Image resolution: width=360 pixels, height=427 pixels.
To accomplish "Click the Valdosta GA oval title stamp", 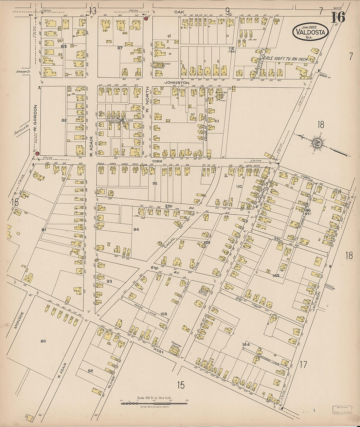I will point(310,32).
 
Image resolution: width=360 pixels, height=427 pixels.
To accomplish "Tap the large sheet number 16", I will point(338,17).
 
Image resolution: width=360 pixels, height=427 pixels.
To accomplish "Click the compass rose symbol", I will point(316,143).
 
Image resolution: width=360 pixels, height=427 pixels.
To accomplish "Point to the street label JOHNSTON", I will point(177,83).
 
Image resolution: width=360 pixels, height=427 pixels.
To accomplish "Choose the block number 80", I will point(43,341).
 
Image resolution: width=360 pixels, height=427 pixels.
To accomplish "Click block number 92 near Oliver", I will point(90,371).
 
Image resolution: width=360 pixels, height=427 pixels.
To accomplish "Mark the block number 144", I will point(246,345).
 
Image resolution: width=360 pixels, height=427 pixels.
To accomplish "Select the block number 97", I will point(120,48).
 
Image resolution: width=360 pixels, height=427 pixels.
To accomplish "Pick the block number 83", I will point(64,46).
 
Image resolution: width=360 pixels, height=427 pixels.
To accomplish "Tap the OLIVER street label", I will point(111,382).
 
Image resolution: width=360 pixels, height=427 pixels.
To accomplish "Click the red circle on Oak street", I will point(146,18).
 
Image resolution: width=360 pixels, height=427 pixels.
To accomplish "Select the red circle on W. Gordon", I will point(37,153).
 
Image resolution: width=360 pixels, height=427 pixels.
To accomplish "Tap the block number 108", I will point(164,314).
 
